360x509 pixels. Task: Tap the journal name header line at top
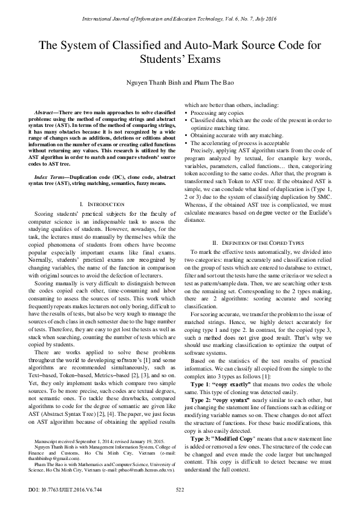[x=179, y=19]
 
